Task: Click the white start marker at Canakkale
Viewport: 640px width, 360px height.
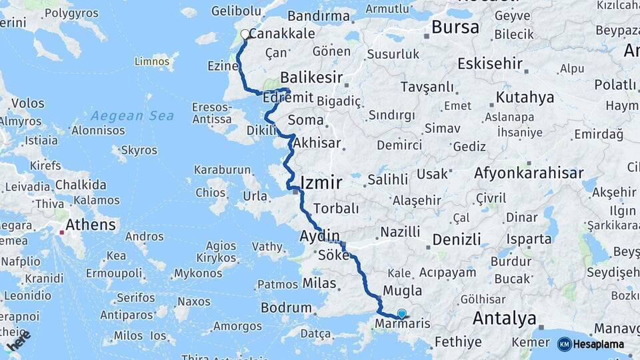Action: pyautogui.click(x=245, y=35)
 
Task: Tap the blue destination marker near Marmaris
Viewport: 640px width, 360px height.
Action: pyautogui.click(x=401, y=313)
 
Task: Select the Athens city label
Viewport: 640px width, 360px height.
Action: pyautogui.click(x=91, y=224)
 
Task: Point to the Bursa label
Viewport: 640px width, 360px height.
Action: pyautogui.click(x=455, y=27)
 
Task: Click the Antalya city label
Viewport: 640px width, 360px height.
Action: pyautogui.click(x=504, y=319)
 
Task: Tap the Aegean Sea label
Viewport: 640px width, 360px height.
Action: pyautogui.click(x=132, y=115)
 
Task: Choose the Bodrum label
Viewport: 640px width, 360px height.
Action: pyautogui.click(x=286, y=308)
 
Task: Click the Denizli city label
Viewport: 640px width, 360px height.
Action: pyautogui.click(x=456, y=239)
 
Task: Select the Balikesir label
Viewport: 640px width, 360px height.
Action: pyautogui.click(x=316, y=77)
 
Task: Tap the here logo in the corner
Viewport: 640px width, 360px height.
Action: pyautogui.click(x=19, y=340)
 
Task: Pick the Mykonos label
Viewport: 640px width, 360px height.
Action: pyautogui.click(x=198, y=273)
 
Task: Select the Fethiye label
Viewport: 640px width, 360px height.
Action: pyautogui.click(x=457, y=342)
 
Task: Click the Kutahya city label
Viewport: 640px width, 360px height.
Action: pyautogui.click(x=525, y=97)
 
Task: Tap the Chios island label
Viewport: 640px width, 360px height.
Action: pyautogui.click(x=211, y=192)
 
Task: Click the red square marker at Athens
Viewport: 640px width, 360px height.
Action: pyautogui.click(x=62, y=233)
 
